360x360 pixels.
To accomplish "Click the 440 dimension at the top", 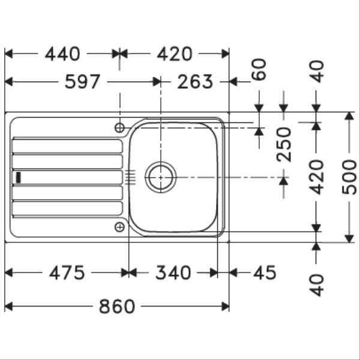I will (x=62, y=54).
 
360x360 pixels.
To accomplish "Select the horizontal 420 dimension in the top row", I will (x=175, y=54).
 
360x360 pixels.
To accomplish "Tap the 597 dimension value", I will (x=82, y=82).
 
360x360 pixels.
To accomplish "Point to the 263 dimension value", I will (x=195, y=82).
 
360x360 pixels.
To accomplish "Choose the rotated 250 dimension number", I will (x=284, y=144).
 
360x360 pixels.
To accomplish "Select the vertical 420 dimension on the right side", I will (x=316, y=177).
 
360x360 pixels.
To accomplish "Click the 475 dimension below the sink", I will (x=67, y=273).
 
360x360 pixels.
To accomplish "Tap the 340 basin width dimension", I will (x=173, y=273).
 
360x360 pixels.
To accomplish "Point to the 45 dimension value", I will (x=264, y=273).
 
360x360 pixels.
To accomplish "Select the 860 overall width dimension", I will (x=117, y=307).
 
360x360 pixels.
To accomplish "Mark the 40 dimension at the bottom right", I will (x=316, y=284).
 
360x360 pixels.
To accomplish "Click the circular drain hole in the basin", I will (x=161, y=177).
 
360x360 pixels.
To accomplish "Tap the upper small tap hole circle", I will (x=120, y=127).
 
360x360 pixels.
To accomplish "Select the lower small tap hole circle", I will (x=120, y=226).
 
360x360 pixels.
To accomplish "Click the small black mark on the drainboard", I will (x=19, y=177).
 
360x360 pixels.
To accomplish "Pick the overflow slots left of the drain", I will (x=132, y=177).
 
